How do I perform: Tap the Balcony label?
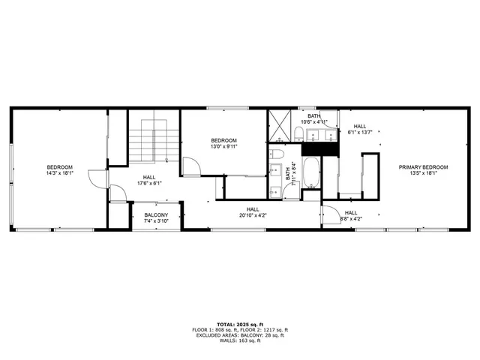(156, 215)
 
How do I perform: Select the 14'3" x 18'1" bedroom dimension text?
(59, 173)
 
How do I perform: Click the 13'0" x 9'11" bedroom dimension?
(223, 147)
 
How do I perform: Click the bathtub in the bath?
(310, 172)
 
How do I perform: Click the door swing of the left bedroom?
(96, 178)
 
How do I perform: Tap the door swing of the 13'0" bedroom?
(190, 167)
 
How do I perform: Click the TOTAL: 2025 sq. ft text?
(240, 324)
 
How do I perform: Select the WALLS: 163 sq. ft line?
(240, 341)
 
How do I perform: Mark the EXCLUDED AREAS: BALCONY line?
(240, 335)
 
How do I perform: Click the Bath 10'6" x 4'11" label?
(314, 118)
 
